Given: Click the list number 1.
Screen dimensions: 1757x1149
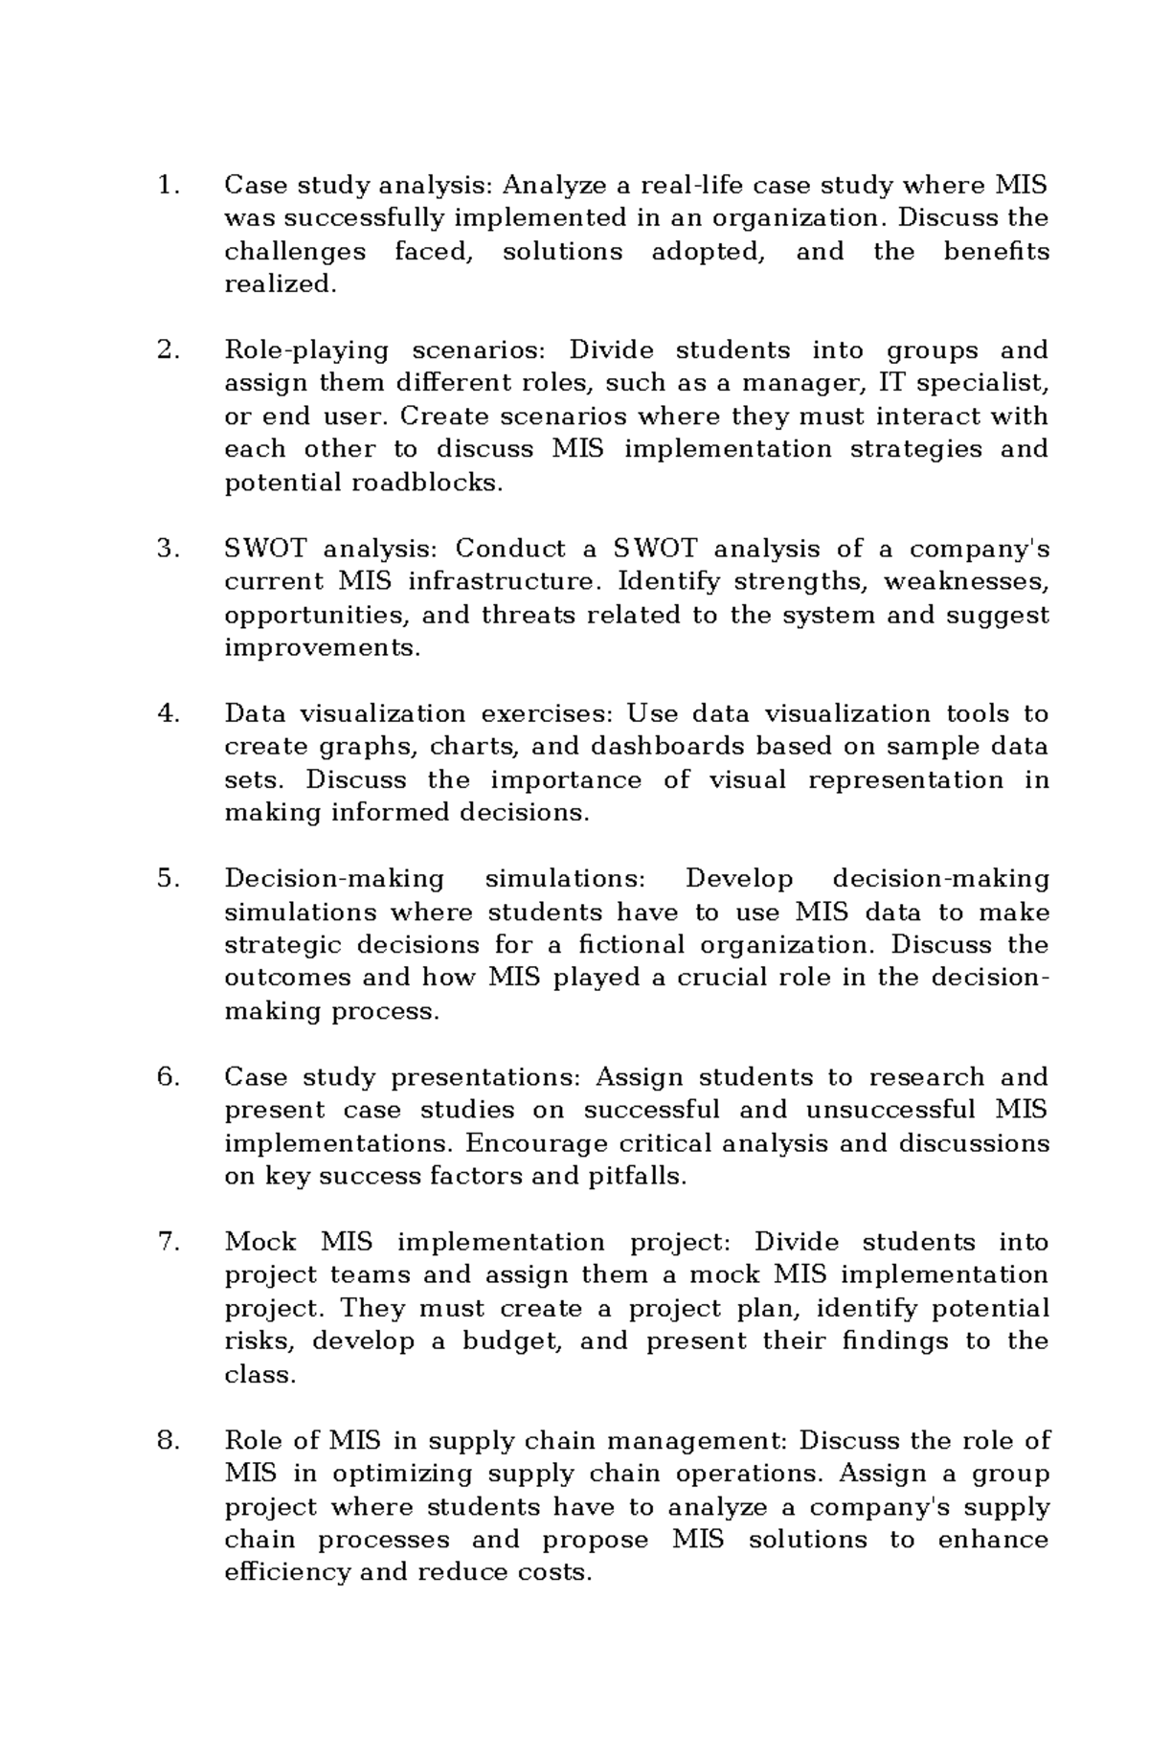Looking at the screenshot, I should point(167,185).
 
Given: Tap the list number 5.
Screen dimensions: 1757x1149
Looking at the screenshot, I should point(167,879).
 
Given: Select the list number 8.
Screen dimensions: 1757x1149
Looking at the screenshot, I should point(167,1441).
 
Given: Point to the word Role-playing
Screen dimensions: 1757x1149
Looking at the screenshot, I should point(305,351).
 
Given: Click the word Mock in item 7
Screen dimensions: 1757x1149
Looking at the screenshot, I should point(259,1243).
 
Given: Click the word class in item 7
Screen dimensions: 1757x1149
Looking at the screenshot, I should point(259,1375).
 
